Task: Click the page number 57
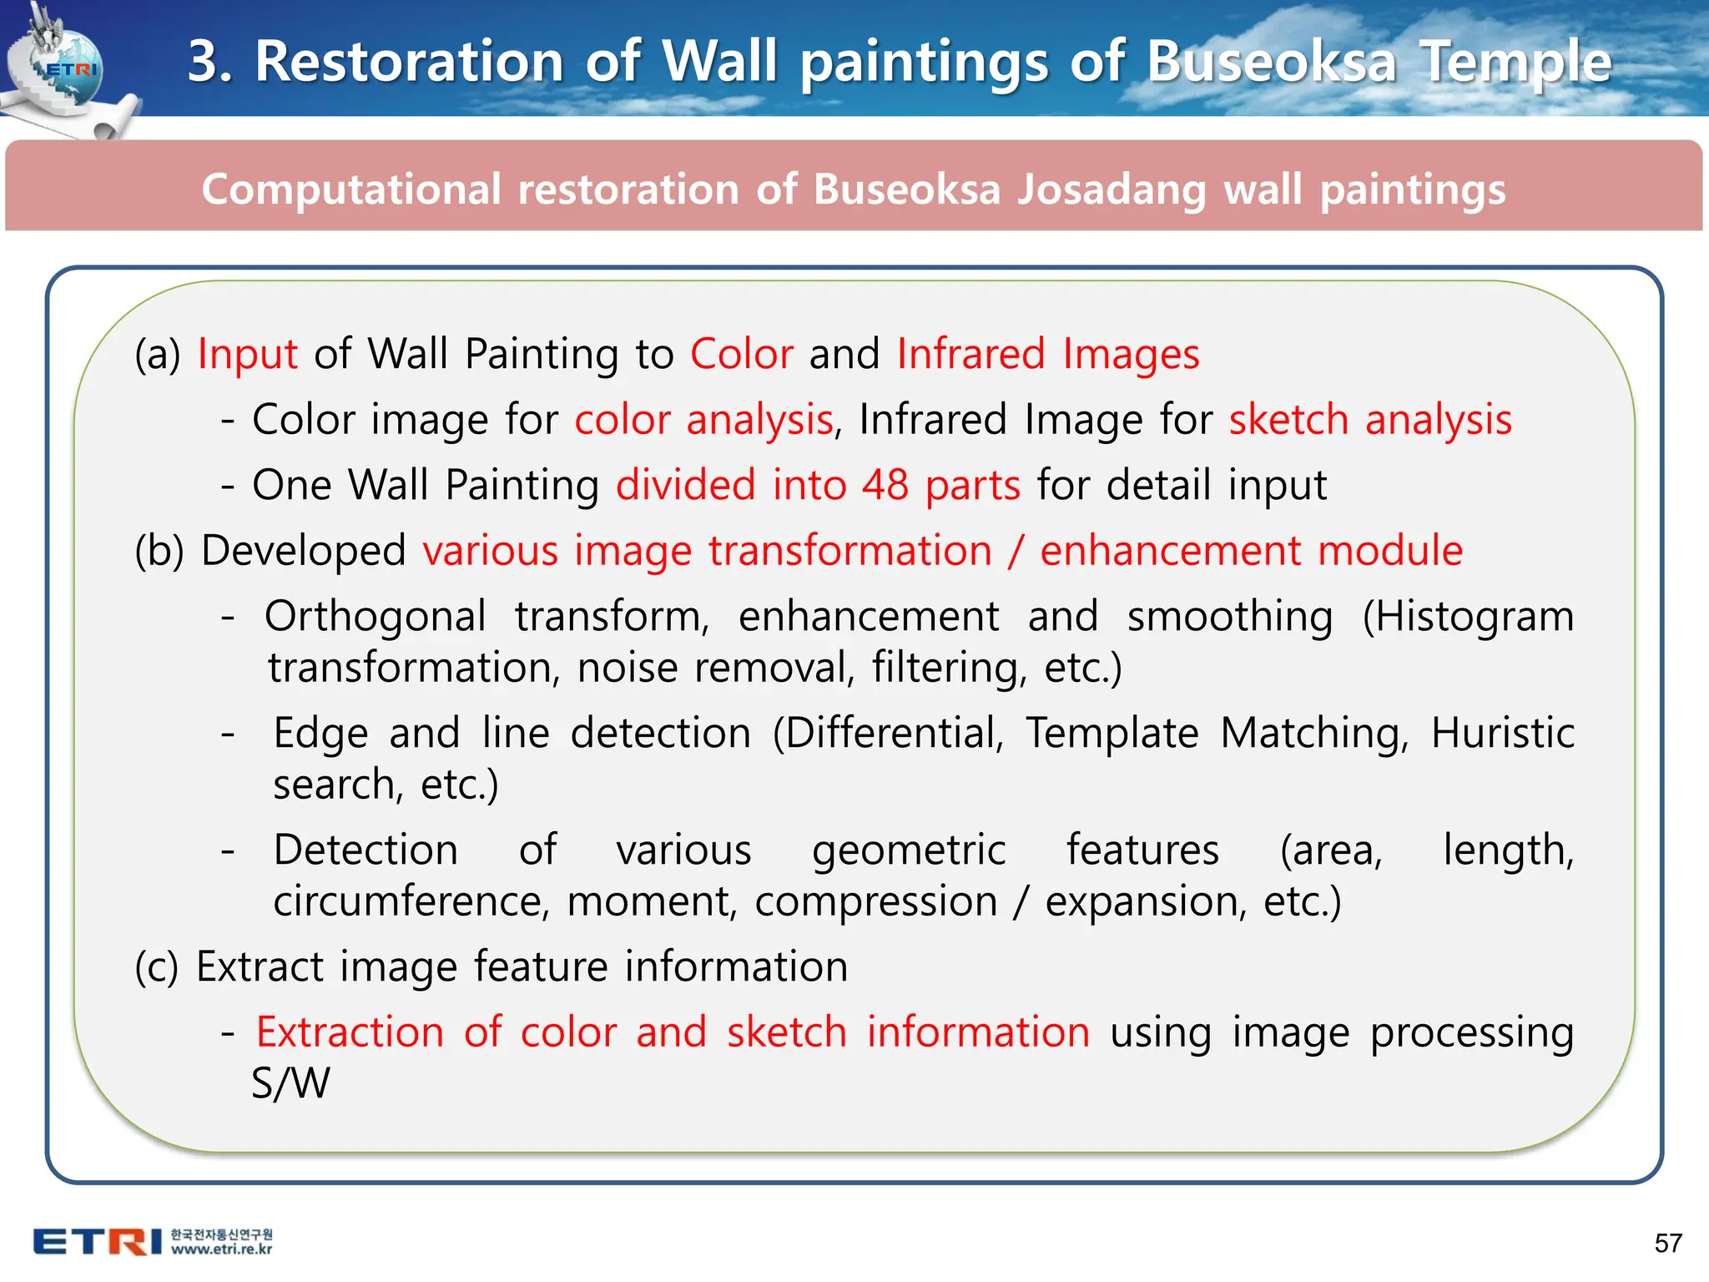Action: (1668, 1243)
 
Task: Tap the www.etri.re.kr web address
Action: (222, 1249)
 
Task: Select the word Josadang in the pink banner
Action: (1112, 189)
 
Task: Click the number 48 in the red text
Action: (885, 485)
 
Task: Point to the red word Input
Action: (247, 354)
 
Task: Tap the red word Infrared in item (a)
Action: (970, 354)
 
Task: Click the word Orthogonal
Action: (376, 617)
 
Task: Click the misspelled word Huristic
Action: (1502, 734)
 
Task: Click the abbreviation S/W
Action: (290, 1083)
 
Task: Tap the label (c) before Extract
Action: (157, 967)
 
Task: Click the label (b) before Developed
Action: (159, 552)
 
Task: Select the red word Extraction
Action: (350, 1032)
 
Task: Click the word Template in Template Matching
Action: (1112, 734)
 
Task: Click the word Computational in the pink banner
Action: (350, 189)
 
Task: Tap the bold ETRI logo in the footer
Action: (98, 1242)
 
